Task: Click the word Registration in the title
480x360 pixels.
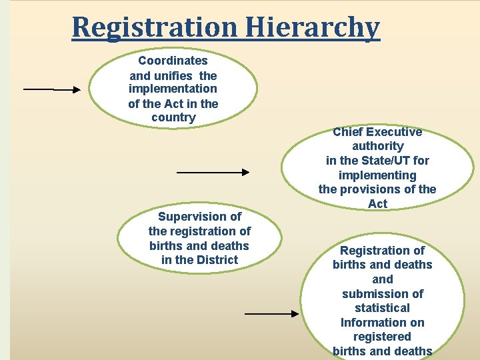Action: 153,27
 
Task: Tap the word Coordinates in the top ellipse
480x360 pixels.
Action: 173,61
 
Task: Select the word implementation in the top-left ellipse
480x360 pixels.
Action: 173,89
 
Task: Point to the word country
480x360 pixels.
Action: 173,117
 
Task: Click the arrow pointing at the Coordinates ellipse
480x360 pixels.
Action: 52,89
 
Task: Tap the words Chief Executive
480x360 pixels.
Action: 377,132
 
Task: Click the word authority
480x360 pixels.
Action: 377,146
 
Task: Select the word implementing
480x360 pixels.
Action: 377,175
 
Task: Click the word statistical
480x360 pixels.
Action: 383,308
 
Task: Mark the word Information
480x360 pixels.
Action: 383,323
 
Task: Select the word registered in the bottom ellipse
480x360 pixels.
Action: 383,337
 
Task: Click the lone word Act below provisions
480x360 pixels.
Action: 377,204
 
